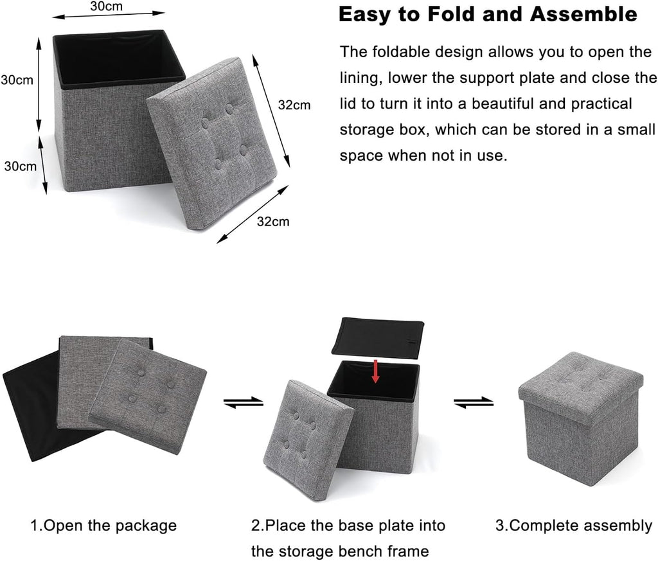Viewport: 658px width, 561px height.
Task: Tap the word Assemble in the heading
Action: click(x=583, y=14)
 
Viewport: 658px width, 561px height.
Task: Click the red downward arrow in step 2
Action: click(x=375, y=371)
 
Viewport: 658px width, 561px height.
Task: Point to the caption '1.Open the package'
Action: click(x=103, y=525)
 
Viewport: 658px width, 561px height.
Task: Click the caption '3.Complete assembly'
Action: click(x=574, y=525)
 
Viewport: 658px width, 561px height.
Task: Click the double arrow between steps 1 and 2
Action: click(x=244, y=402)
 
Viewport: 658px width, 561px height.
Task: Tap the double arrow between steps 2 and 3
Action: click(x=474, y=402)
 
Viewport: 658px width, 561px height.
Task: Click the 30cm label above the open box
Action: click(x=106, y=6)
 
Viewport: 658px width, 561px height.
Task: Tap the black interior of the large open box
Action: click(x=118, y=60)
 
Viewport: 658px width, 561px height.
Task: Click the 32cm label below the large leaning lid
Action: click(x=272, y=222)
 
